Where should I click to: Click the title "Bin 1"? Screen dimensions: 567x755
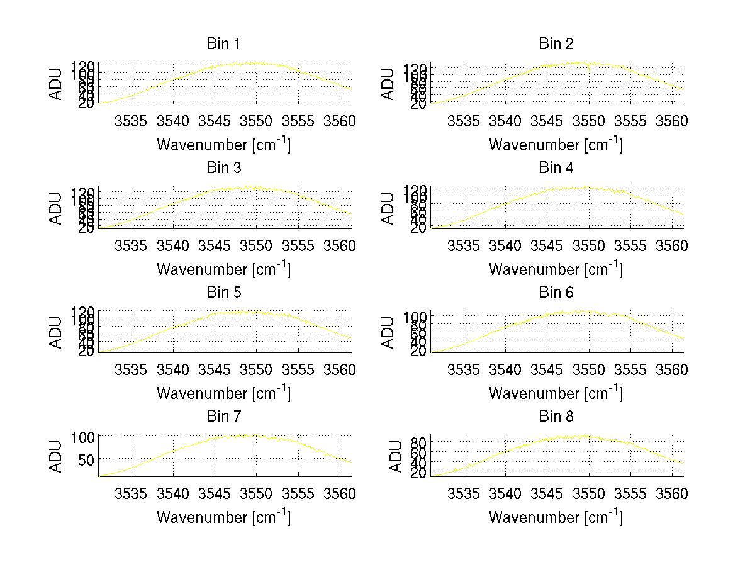[223, 44]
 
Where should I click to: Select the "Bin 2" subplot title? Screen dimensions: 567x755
[556, 44]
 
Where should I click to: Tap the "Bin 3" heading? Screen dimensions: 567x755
[223, 168]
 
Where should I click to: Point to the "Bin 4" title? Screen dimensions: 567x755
[556, 168]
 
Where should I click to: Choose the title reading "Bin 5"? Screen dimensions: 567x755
[223, 293]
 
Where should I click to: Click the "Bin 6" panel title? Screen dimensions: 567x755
[556, 293]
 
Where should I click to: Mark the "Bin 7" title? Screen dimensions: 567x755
[223, 417]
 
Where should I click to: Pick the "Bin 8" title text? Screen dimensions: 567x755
[556, 417]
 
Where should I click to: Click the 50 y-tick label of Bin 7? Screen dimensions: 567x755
[87, 459]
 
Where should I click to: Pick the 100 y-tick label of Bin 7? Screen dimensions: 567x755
[83, 436]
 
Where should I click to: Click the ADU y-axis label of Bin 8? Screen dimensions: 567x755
[396, 456]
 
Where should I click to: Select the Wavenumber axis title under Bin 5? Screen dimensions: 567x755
[223, 393]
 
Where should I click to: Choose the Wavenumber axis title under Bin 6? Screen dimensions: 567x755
[556, 393]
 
